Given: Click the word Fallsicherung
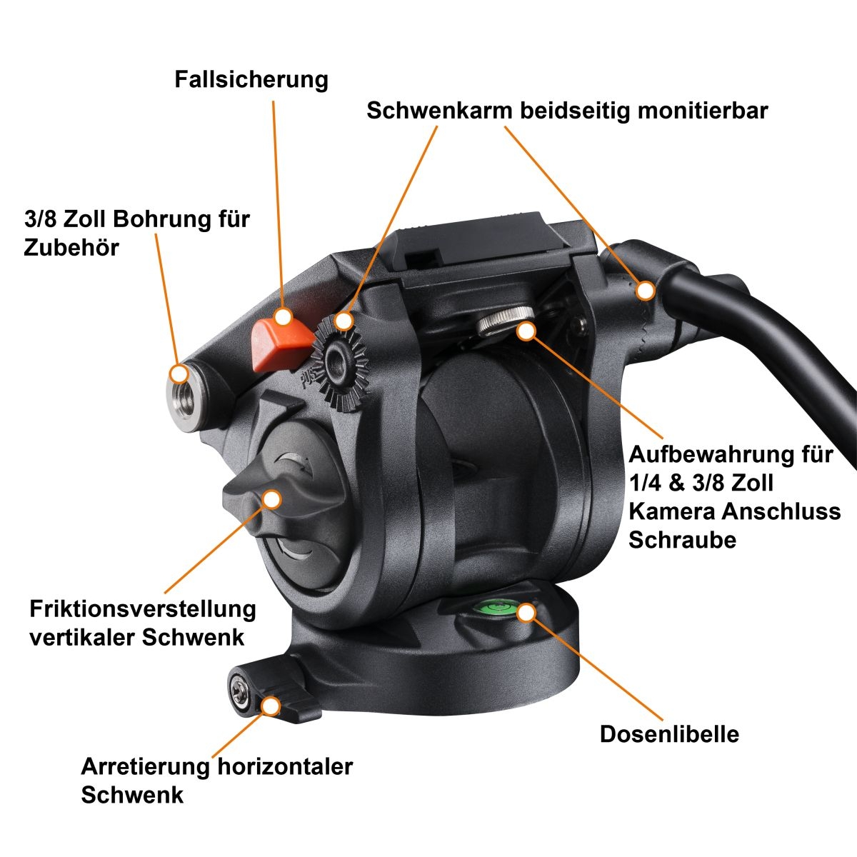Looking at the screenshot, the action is [x=251, y=80].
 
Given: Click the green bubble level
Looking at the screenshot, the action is [x=498, y=608].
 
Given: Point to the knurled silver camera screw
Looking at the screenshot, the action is [x=506, y=321].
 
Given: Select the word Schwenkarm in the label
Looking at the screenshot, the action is [x=440, y=111].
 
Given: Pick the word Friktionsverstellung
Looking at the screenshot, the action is [x=142, y=609].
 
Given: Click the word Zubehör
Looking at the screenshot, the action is [x=71, y=247].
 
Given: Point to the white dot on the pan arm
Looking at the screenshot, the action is [x=645, y=291].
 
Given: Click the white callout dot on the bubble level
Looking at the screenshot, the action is [x=526, y=613].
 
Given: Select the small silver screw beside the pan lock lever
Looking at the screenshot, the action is [x=239, y=691].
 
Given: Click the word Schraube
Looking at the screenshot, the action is [x=683, y=541].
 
